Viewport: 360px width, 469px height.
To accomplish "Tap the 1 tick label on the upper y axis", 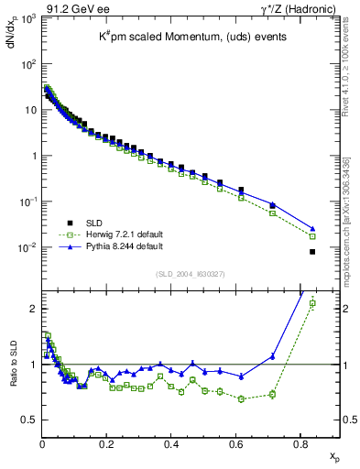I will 32,156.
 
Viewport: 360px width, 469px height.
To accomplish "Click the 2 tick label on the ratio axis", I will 32,309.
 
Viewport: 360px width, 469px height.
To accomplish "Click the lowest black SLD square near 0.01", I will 312,252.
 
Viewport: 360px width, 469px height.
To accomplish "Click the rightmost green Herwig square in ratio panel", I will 312,303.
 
